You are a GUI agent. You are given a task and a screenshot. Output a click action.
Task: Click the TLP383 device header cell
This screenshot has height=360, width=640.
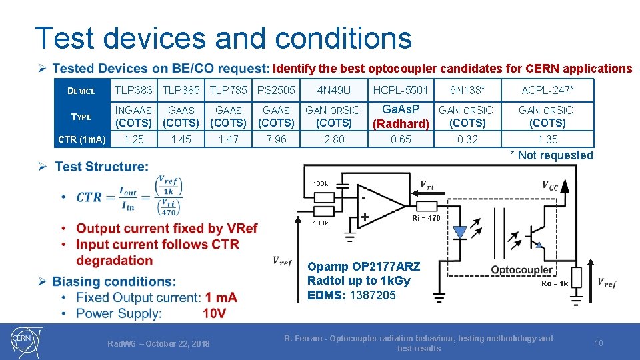click(133, 89)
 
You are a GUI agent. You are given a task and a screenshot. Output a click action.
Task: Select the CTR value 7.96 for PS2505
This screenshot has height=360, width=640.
click(276, 139)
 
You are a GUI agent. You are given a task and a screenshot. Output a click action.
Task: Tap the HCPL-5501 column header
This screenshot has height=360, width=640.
click(401, 89)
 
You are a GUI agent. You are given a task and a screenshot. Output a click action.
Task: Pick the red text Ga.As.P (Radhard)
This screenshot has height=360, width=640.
click(401, 117)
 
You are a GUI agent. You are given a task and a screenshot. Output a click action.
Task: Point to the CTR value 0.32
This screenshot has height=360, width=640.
click(467, 139)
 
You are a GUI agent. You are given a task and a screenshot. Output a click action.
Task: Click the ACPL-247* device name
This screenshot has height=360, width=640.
click(547, 89)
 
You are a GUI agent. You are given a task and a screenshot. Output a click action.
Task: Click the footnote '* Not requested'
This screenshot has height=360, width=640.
click(551, 155)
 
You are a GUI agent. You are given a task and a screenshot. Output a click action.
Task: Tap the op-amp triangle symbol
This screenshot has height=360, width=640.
click(381, 201)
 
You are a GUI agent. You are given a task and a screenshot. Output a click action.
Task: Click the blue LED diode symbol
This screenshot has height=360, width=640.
click(459, 233)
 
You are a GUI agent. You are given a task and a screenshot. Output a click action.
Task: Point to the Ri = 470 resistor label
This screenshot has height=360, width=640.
click(425, 218)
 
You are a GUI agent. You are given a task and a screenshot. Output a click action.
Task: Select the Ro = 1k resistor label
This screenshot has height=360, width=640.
click(554, 283)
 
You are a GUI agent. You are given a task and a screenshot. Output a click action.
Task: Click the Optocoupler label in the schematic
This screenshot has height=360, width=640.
click(522, 269)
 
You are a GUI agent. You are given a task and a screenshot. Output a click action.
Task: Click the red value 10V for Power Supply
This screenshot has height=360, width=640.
click(213, 313)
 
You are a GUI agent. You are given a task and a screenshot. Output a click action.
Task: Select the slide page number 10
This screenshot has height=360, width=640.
click(599, 343)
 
